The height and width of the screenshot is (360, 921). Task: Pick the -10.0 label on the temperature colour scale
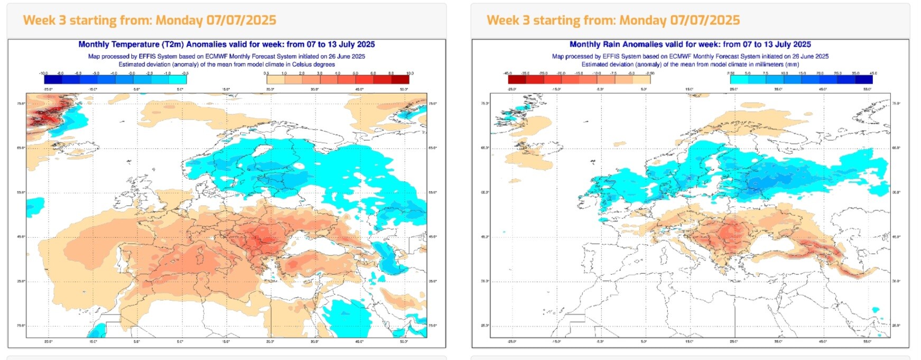click(x=44, y=73)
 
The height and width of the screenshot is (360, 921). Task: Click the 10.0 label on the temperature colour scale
click(x=410, y=73)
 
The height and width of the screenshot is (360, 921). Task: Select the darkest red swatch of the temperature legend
click(x=400, y=80)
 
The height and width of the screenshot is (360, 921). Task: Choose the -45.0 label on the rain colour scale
click(x=508, y=73)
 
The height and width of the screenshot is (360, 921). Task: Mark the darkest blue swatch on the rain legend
click(x=863, y=80)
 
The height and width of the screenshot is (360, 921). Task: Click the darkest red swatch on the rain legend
click(x=517, y=80)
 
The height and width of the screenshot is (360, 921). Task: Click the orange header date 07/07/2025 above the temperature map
click(x=241, y=20)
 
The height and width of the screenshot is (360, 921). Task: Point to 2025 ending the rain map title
click(x=801, y=44)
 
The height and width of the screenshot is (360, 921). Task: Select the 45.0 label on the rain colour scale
click(x=873, y=73)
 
